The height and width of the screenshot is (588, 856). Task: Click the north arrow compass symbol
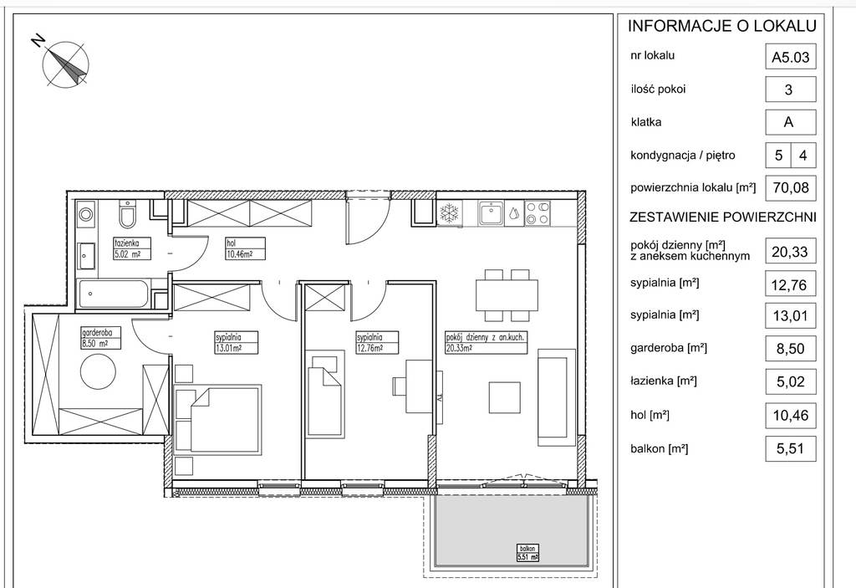(x=65, y=63)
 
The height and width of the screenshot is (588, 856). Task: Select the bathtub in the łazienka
(x=113, y=294)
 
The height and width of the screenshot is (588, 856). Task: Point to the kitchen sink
(x=492, y=213)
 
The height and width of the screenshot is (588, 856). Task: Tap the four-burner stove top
(x=538, y=213)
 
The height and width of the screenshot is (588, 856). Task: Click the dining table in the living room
(x=507, y=295)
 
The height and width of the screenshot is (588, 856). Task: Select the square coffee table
(x=504, y=397)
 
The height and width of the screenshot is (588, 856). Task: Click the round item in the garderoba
(x=99, y=371)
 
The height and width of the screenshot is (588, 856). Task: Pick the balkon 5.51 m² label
(x=527, y=553)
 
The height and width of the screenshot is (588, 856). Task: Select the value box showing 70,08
(x=791, y=187)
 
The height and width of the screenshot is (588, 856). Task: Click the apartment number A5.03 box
(x=791, y=57)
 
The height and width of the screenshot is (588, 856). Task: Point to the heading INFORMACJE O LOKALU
(x=721, y=26)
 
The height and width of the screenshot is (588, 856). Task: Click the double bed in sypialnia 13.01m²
(x=217, y=419)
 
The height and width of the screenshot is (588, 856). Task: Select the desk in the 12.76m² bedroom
(x=420, y=386)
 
